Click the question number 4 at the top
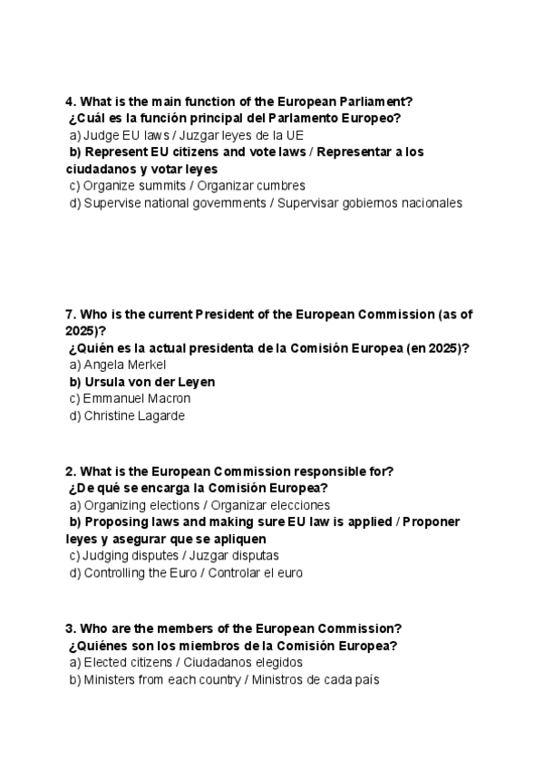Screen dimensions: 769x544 click(70, 102)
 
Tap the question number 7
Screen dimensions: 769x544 click(70, 314)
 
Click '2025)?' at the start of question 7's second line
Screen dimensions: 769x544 click(86, 331)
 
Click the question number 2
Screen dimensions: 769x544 click(70, 471)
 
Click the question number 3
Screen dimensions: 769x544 click(70, 628)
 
